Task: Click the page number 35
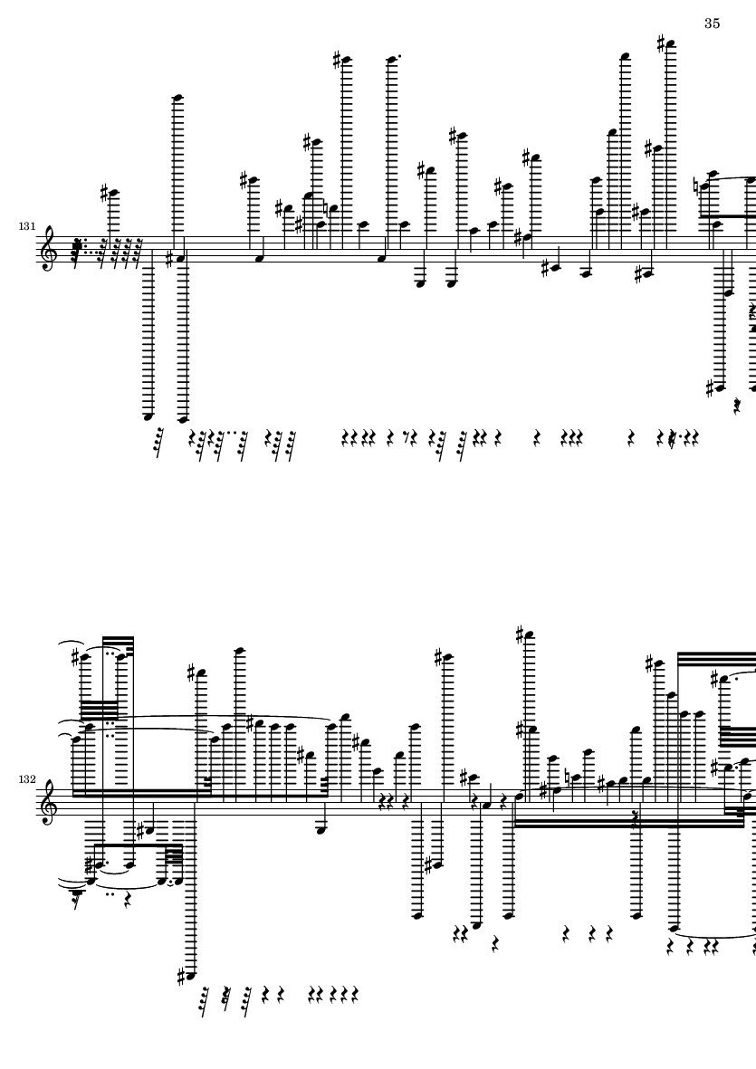click(x=712, y=24)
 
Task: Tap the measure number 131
click(x=26, y=225)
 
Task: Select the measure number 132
click(x=26, y=779)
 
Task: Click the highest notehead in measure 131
click(x=671, y=45)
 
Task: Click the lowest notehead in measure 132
click(x=191, y=976)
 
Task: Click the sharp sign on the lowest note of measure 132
click(x=181, y=977)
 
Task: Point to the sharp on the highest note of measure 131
click(x=661, y=44)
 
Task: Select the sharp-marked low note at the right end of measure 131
click(x=719, y=388)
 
